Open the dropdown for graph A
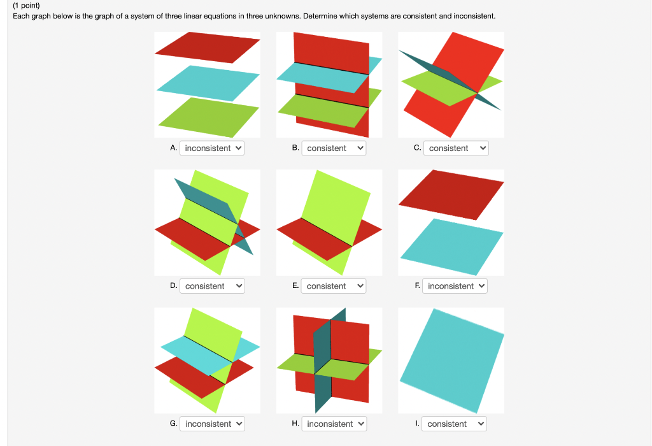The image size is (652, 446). click(212, 148)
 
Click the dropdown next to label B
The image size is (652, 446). click(334, 148)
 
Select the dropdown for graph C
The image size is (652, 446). click(456, 148)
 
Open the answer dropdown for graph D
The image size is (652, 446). click(212, 286)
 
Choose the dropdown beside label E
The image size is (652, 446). click(334, 286)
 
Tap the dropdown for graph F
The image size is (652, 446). click(455, 286)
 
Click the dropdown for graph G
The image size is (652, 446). click(212, 424)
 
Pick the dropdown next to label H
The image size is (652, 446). click(334, 424)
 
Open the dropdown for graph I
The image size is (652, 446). click(454, 424)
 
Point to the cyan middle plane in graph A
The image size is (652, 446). click(208, 83)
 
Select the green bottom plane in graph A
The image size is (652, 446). click(208, 117)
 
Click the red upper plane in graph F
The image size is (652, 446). click(451, 194)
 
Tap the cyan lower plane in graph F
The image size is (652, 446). click(452, 247)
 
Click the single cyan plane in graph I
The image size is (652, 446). click(452, 361)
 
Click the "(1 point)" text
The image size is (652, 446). click(26, 5)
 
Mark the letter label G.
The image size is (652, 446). click(173, 423)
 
